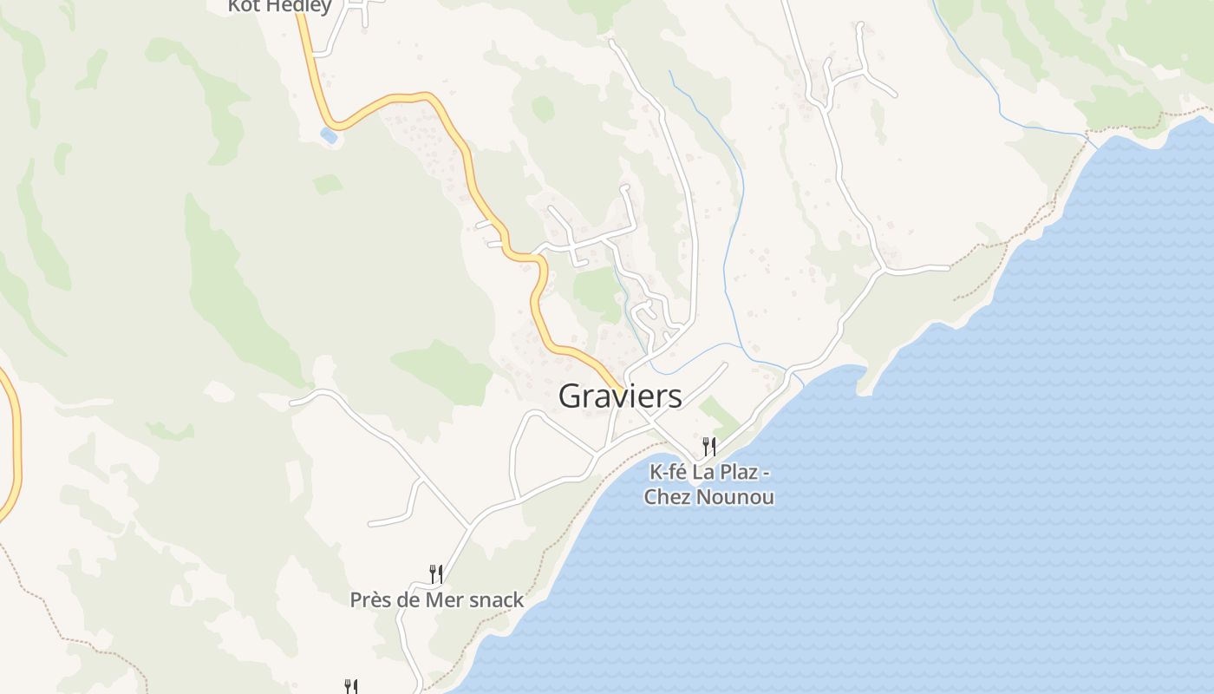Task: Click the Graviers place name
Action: pos(620,396)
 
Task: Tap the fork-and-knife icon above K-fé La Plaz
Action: pos(709,447)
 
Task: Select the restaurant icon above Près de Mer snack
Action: pos(436,573)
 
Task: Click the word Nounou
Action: pos(737,498)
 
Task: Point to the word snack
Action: pos(495,599)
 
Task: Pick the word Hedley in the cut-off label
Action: pos(296,7)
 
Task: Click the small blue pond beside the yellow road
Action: pos(329,135)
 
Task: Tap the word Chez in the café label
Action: pos(665,498)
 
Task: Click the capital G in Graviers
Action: pos(570,396)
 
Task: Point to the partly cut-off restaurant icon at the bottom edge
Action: pos(351,687)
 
